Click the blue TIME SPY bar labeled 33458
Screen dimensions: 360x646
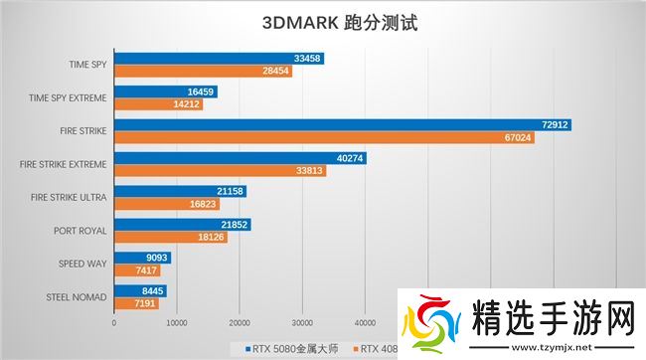(219, 60)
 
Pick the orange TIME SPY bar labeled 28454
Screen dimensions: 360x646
(203, 72)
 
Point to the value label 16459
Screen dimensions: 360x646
(201, 92)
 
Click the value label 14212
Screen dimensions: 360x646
(187, 104)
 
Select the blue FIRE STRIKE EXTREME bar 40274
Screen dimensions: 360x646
(240, 158)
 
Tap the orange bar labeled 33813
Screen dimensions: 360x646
(220, 170)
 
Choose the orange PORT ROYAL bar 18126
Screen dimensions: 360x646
(170, 237)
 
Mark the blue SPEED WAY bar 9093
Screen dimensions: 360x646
(142, 258)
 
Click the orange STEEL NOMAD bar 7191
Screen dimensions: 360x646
(136, 302)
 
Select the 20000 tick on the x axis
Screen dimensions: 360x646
(240, 322)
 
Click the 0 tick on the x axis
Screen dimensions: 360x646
(114, 322)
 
